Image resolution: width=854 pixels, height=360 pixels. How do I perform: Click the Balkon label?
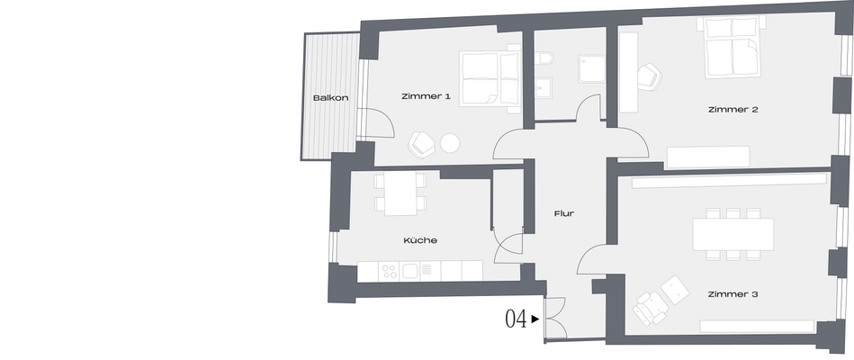330,98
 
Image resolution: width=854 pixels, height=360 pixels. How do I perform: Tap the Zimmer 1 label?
426,96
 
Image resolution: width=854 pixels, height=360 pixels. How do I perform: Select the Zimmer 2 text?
733,110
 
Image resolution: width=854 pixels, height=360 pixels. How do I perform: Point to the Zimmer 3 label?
733,294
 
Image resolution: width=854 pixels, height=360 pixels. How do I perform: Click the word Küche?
420,240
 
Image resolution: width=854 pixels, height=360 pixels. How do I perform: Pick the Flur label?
565,214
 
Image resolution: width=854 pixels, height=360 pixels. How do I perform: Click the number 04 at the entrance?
516,319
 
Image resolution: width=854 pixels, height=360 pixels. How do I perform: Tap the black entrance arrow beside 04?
535,319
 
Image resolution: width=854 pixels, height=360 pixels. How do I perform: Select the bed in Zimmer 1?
490,79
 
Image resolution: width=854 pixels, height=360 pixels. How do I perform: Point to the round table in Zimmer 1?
450,142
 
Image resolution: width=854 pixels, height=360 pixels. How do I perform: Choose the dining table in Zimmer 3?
733,235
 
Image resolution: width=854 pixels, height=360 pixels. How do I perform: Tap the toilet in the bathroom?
543,60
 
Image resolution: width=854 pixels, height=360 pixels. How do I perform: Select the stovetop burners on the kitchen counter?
389,271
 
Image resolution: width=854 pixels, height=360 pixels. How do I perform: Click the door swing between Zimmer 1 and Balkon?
375,122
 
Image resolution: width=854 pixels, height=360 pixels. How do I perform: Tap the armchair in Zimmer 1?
421,144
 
